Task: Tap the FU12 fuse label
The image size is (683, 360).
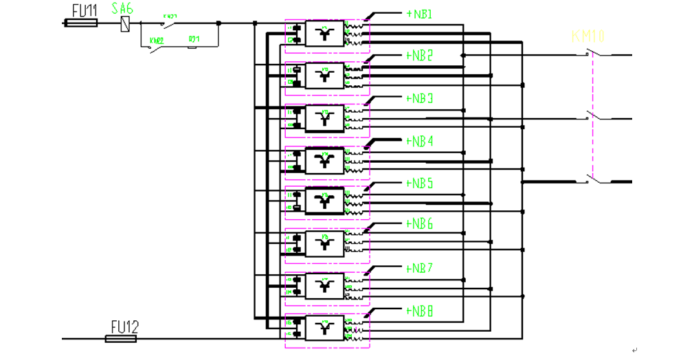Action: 124,326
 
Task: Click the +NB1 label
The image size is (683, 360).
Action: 419,13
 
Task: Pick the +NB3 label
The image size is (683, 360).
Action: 419,99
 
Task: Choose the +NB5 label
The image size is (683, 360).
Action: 419,183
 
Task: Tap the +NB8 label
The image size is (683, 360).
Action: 419,311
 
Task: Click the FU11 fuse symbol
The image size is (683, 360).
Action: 80,23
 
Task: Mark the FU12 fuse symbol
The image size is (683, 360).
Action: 122,338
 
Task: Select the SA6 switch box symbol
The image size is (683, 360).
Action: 124,23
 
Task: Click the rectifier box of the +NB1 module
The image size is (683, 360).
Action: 324,34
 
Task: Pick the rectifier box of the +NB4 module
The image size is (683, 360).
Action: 324,160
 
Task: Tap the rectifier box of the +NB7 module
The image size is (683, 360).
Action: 324,285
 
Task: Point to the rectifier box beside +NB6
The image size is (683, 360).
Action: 324,243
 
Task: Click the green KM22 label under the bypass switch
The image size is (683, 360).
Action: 157,41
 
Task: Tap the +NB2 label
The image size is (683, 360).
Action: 419,56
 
